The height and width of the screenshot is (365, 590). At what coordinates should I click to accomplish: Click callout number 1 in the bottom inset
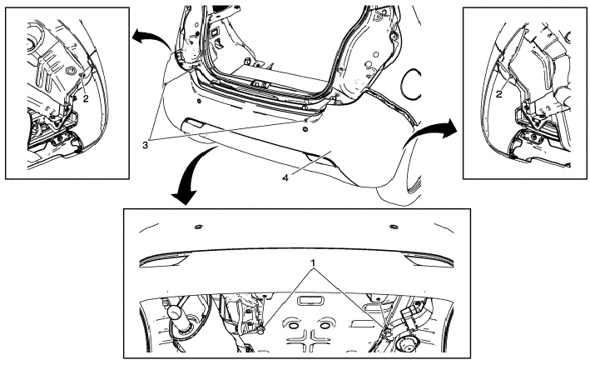click(313, 262)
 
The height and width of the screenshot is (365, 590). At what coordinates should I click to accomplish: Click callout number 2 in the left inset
click(87, 98)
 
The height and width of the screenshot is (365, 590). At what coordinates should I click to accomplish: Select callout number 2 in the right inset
click(499, 94)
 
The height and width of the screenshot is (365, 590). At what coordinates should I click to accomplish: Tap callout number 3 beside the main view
click(146, 145)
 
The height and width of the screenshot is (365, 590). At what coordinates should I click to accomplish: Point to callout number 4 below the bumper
click(285, 177)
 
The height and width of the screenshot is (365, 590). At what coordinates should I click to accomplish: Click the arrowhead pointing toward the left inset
click(138, 36)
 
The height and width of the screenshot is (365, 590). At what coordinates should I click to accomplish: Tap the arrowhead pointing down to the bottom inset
click(185, 197)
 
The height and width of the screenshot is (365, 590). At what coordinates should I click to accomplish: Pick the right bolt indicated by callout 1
click(388, 331)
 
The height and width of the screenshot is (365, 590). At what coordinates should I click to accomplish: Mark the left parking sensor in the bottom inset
click(198, 227)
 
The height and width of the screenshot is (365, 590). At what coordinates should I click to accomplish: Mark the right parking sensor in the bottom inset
click(394, 227)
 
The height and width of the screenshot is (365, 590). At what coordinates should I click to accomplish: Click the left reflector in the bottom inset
click(165, 260)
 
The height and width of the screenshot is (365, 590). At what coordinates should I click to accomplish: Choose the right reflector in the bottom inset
click(429, 260)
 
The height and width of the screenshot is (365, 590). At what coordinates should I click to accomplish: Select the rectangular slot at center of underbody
click(310, 300)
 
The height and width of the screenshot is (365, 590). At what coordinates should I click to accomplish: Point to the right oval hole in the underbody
click(325, 324)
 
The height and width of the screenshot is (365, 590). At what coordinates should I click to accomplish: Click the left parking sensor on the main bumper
click(198, 102)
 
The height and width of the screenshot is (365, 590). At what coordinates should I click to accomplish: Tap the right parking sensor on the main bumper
click(304, 129)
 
